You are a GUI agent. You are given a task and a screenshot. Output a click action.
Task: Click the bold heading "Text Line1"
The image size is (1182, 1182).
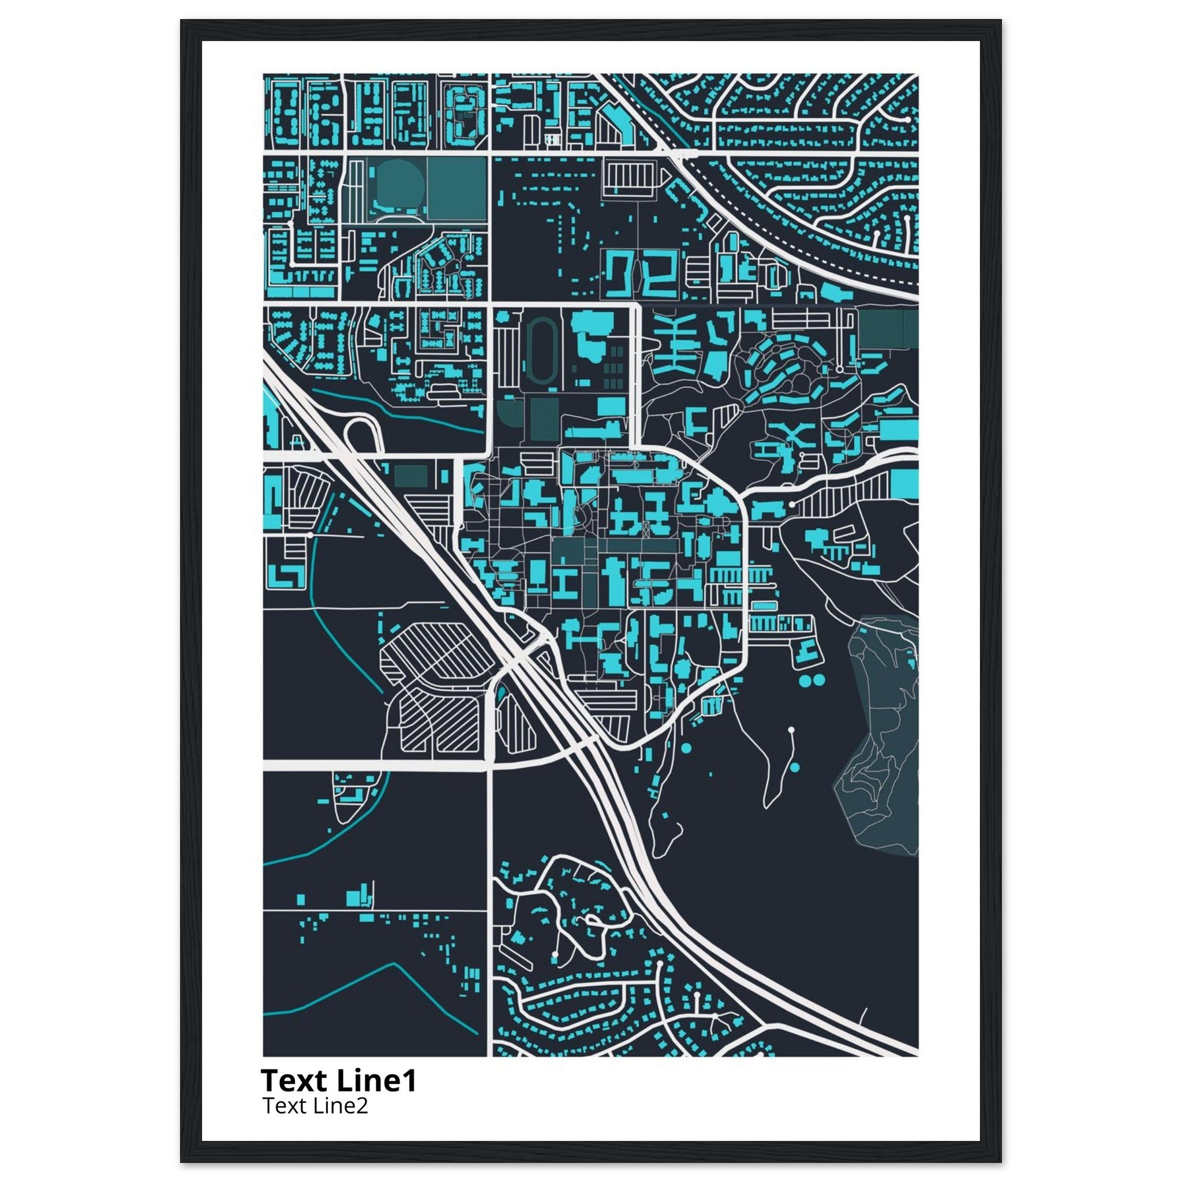[338, 1081]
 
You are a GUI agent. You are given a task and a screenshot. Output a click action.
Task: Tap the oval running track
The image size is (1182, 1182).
[540, 353]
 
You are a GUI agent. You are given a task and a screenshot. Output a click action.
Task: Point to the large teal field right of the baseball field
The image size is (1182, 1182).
[457, 188]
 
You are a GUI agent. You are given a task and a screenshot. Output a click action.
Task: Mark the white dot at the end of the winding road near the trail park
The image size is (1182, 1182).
[791, 730]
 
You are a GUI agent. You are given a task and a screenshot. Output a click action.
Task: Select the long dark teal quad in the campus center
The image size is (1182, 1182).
[636, 545]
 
